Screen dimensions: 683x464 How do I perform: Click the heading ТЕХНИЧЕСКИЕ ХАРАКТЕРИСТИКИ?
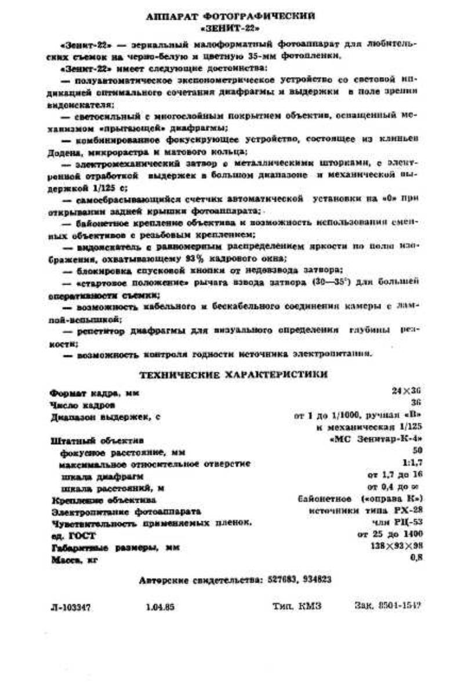(233, 375)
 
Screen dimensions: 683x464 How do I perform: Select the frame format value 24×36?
(406, 392)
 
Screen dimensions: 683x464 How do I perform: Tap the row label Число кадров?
(82, 404)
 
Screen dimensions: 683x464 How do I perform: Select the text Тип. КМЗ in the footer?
(296, 606)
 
